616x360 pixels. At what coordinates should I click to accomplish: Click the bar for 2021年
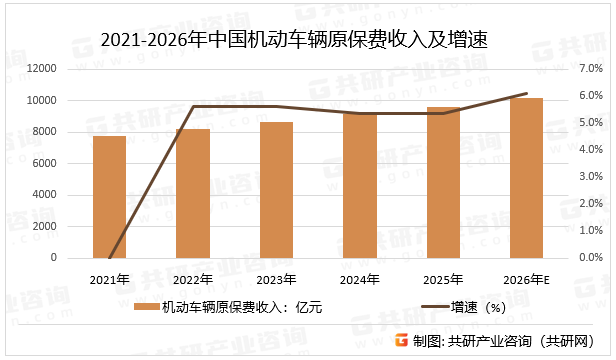point(109,197)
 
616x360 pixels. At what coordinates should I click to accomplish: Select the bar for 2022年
point(193,193)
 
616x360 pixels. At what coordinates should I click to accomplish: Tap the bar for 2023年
point(276,190)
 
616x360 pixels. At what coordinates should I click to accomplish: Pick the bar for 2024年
point(359,185)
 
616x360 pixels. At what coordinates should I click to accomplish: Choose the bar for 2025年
point(443,182)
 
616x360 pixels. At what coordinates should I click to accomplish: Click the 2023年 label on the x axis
point(275,278)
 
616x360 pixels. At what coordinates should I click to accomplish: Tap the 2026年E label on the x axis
point(527,278)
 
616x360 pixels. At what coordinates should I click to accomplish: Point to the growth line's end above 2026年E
point(526,94)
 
